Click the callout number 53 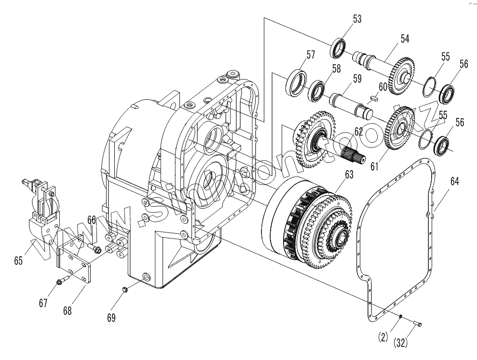pyautogui.click(x=357, y=19)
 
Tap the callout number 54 pyautogui.click(x=404, y=39)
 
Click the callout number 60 pyautogui.click(x=382, y=87)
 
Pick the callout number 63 pyautogui.click(x=348, y=174)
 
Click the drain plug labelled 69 pyautogui.click(x=123, y=289)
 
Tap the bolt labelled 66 pyautogui.click(x=95, y=249)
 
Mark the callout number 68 pyautogui.click(x=67, y=311)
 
